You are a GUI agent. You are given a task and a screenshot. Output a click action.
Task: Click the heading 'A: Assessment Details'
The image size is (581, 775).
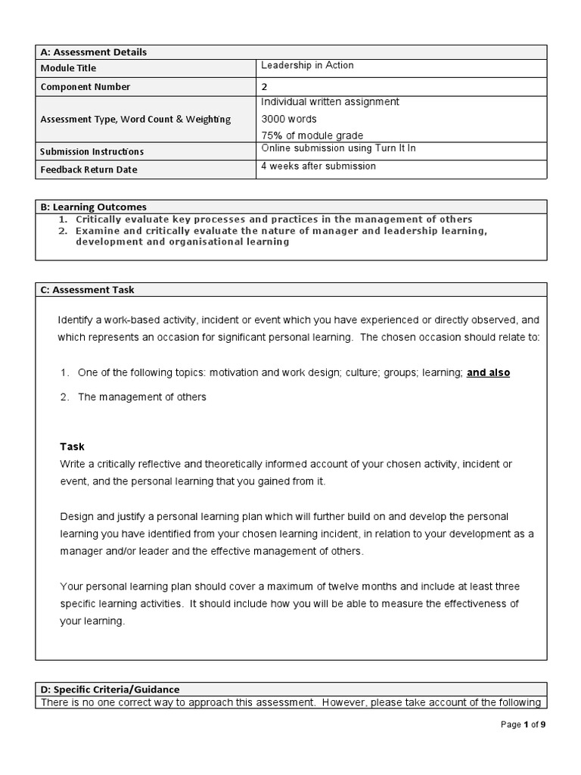pyautogui.click(x=93, y=52)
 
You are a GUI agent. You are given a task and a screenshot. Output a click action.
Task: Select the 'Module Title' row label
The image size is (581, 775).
pyautogui.click(x=68, y=69)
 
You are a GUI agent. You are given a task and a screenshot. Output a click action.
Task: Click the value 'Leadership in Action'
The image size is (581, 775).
pyautogui.click(x=307, y=66)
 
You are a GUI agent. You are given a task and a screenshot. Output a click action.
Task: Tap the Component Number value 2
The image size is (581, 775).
pyautogui.click(x=264, y=86)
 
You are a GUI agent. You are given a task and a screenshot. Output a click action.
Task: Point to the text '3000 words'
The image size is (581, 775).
pyautogui.click(x=289, y=119)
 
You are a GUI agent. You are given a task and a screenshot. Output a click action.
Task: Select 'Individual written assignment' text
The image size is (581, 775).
pyautogui.click(x=330, y=101)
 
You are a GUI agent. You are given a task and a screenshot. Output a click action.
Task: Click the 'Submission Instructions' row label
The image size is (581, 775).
pyautogui.click(x=92, y=151)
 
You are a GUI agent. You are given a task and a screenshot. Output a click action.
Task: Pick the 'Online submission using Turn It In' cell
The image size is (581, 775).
pyautogui.click(x=338, y=148)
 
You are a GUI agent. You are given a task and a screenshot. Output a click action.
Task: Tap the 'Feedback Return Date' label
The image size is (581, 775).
pyautogui.click(x=89, y=170)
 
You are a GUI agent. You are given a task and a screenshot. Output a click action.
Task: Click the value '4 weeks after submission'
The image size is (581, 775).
pyautogui.click(x=318, y=166)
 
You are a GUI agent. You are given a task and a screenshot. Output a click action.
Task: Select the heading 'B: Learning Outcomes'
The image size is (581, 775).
pyautogui.click(x=93, y=207)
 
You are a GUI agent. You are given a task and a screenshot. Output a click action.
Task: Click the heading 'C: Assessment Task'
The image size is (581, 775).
pyautogui.click(x=87, y=290)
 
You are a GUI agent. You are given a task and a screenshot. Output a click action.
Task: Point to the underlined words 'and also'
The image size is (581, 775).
pyautogui.click(x=488, y=372)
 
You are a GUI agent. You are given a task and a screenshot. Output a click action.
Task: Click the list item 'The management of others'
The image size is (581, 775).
pyautogui.click(x=141, y=397)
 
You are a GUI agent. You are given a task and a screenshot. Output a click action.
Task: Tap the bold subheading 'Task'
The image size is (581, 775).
pyautogui.click(x=73, y=447)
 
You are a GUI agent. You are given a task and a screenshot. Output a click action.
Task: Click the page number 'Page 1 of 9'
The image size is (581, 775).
pyautogui.click(x=523, y=724)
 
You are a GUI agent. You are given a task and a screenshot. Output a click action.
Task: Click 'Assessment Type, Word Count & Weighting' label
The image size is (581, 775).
pyautogui.click(x=136, y=119)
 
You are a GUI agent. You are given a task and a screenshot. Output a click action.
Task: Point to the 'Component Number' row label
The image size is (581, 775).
pyautogui.click(x=85, y=87)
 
